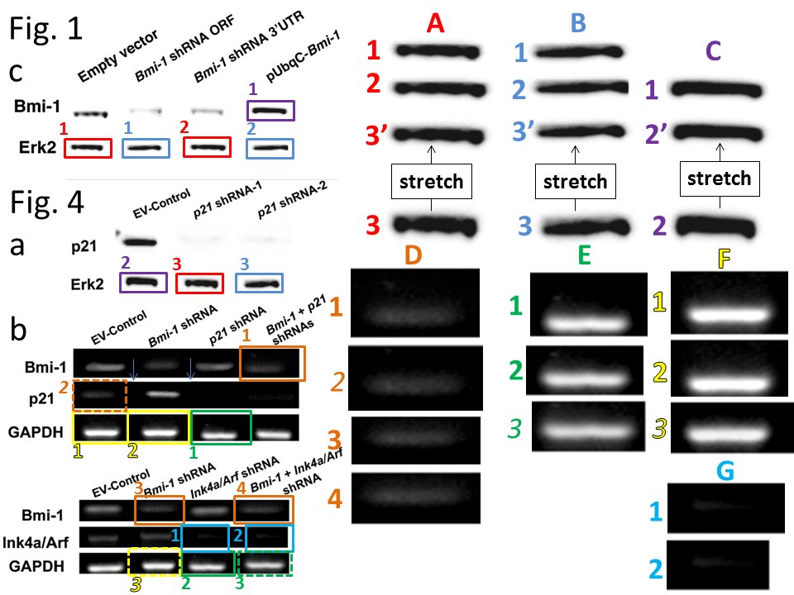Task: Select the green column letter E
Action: [586, 257]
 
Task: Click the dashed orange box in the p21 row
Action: [99, 395]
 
